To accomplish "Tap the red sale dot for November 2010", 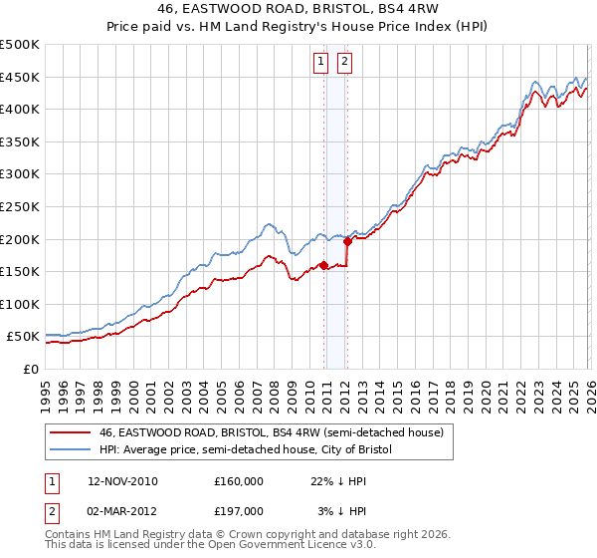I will [324, 265].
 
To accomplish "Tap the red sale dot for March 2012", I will [347, 241].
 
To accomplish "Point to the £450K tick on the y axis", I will [20, 78].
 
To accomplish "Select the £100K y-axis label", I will [20, 304].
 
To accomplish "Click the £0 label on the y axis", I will [30, 369].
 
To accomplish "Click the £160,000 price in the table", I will [239, 481].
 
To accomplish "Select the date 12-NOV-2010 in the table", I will [122, 481].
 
